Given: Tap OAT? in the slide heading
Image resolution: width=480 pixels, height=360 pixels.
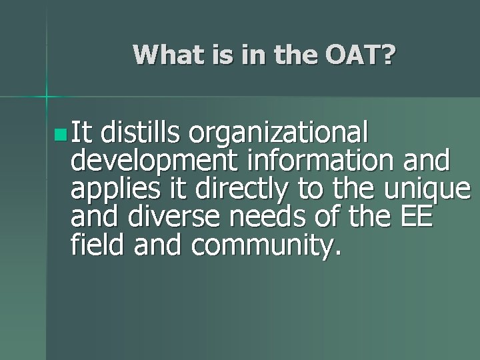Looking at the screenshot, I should pos(361,55).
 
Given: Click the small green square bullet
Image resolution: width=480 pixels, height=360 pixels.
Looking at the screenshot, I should pos(61,137).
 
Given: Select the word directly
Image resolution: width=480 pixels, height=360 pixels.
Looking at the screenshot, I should pos(237,190).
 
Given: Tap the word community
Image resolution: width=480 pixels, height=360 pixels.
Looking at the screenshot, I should pos(265,246).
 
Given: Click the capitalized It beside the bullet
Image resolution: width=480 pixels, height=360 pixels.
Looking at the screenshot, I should pos(83,135).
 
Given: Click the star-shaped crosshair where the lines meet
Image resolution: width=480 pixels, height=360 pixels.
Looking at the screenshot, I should pos(47,97).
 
